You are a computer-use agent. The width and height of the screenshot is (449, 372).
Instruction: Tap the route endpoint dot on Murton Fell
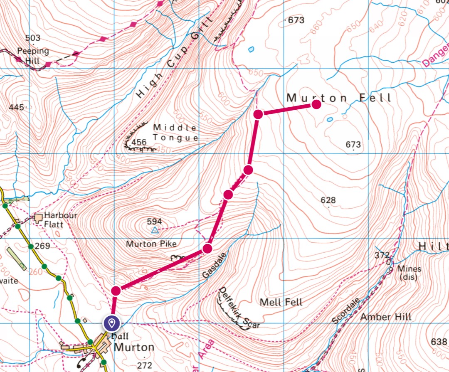click(x=316, y=104)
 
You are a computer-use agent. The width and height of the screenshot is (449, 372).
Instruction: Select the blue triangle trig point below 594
click(x=155, y=230)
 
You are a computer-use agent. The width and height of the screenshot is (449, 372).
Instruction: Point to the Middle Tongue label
click(x=175, y=132)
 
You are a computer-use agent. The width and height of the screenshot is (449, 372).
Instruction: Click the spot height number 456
click(x=139, y=143)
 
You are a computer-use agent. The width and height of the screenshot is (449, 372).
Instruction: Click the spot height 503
click(x=33, y=38)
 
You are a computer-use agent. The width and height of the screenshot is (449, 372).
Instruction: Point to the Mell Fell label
click(x=281, y=302)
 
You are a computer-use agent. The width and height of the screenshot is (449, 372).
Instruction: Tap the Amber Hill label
click(x=386, y=317)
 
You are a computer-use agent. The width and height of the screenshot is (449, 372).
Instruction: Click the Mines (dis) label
click(x=409, y=273)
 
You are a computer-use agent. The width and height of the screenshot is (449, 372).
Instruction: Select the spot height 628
click(x=328, y=200)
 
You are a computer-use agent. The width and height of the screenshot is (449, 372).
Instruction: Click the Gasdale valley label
click(x=215, y=265)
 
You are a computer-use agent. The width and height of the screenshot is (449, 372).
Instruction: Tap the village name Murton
click(x=134, y=347)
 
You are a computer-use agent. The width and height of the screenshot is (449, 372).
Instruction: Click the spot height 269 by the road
click(x=42, y=246)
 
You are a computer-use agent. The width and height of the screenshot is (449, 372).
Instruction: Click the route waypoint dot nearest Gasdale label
click(x=207, y=249)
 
